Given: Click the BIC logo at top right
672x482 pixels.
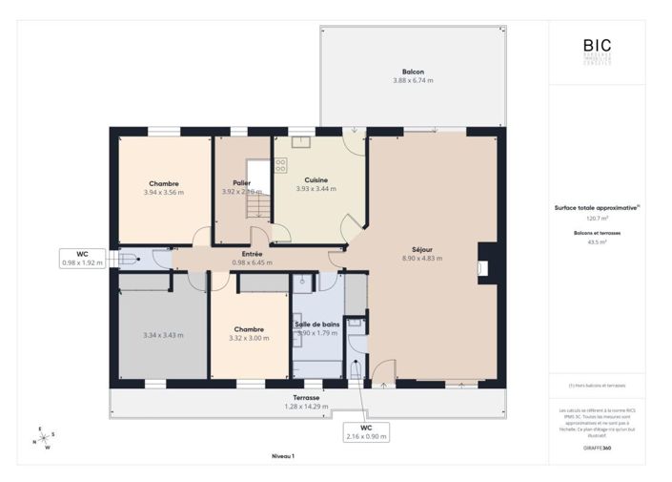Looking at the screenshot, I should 598,47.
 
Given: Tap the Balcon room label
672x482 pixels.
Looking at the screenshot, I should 413,72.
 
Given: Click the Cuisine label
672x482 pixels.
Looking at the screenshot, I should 316,180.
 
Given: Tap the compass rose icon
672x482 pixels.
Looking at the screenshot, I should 43,438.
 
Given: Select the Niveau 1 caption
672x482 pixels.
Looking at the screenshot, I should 283,457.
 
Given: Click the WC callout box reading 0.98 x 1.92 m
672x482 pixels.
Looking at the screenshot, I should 82,258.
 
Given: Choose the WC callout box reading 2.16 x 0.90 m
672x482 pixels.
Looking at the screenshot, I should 366,432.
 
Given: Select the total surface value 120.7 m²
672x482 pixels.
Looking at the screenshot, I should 597,219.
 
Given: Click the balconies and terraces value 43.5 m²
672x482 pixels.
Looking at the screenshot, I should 597,242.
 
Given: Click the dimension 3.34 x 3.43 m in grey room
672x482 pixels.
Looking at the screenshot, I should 163,335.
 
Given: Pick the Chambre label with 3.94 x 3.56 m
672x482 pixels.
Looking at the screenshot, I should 163,183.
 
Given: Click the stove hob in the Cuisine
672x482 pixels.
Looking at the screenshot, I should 281,165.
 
